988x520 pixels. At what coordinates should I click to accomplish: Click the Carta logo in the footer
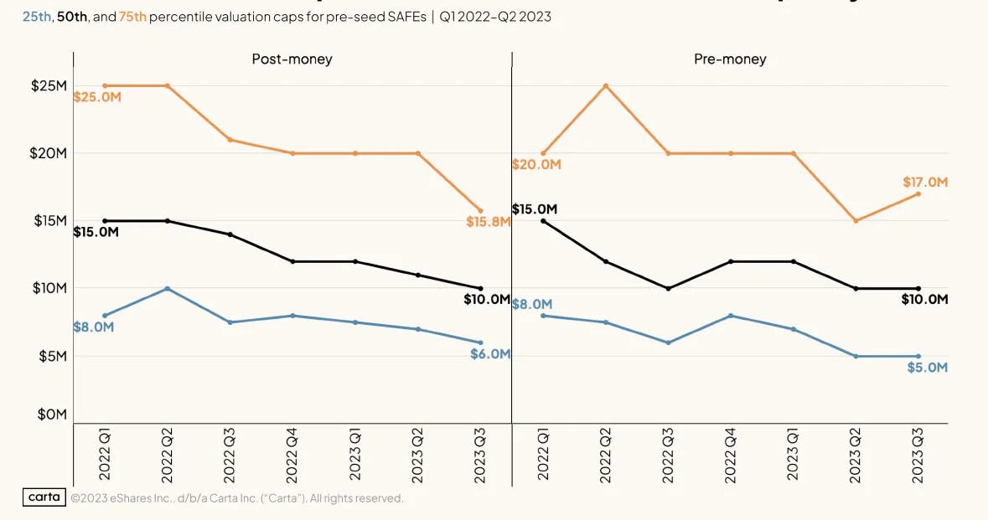(x=44, y=497)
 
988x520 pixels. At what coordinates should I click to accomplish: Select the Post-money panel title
(x=292, y=59)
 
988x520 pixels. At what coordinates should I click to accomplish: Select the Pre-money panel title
(x=730, y=59)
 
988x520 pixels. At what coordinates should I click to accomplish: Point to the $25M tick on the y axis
(x=49, y=85)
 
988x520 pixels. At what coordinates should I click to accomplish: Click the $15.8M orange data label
(x=489, y=222)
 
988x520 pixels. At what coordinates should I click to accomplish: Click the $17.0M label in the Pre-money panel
(x=924, y=182)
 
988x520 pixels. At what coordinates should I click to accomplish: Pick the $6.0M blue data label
(x=489, y=353)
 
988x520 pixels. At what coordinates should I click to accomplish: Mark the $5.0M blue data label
(x=927, y=368)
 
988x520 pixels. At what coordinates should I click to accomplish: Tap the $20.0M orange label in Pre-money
(x=536, y=164)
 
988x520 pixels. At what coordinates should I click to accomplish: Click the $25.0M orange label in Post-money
(x=97, y=97)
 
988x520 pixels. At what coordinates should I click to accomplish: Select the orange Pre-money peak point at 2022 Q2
(x=605, y=85)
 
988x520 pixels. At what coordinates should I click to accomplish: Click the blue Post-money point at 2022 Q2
(x=168, y=288)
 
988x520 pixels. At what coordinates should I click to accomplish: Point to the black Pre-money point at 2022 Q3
(x=668, y=288)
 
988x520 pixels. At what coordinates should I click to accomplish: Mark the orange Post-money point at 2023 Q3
(x=480, y=210)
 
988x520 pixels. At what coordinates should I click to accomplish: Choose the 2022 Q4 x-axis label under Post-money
(x=292, y=452)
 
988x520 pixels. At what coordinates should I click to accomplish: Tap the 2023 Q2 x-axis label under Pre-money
(x=856, y=452)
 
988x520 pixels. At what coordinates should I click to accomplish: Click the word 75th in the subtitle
(x=132, y=16)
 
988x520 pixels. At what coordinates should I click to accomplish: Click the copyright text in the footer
(x=237, y=498)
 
